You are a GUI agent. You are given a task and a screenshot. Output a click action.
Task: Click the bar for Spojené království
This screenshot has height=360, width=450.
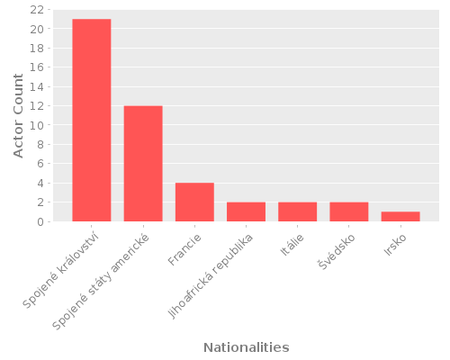click(x=92, y=120)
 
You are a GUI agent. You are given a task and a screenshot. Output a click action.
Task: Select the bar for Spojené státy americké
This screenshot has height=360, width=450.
click(x=143, y=164)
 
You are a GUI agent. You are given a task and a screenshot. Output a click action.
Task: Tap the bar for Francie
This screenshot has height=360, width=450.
click(x=194, y=202)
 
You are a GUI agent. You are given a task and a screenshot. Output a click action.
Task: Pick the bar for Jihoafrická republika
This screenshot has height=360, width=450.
click(x=246, y=211)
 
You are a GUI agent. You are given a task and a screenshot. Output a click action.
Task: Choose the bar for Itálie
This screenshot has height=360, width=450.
click(x=297, y=211)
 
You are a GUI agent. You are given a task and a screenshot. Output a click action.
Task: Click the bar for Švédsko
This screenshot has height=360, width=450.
click(x=349, y=211)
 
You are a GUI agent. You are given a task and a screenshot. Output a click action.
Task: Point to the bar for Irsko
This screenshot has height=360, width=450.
click(x=400, y=216)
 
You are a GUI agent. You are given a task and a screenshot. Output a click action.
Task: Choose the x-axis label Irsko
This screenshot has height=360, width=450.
click(x=393, y=245)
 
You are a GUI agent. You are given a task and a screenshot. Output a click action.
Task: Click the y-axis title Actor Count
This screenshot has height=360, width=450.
click(x=19, y=115)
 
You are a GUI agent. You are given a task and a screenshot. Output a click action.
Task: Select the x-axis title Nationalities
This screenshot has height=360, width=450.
click(x=246, y=347)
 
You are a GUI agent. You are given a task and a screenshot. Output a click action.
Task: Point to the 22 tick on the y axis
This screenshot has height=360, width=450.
click(x=38, y=10)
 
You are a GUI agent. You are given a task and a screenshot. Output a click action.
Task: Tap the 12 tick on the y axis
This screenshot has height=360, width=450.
click(x=38, y=106)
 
